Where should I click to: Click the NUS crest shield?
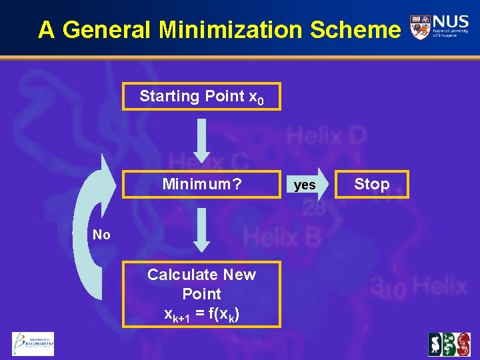pyautogui.click(x=420, y=27)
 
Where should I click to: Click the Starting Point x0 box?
pyautogui.click(x=201, y=97)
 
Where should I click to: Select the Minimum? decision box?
pyautogui.click(x=201, y=184)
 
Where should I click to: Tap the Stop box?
pyautogui.click(x=371, y=184)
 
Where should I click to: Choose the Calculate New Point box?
pyautogui.click(x=201, y=293)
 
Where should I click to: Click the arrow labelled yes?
pyautogui.click(x=307, y=185)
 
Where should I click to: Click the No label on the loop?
pyautogui.click(x=101, y=235)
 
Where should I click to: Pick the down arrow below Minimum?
pyautogui.click(x=202, y=229)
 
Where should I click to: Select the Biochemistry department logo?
pyautogui.click(x=33, y=344)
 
